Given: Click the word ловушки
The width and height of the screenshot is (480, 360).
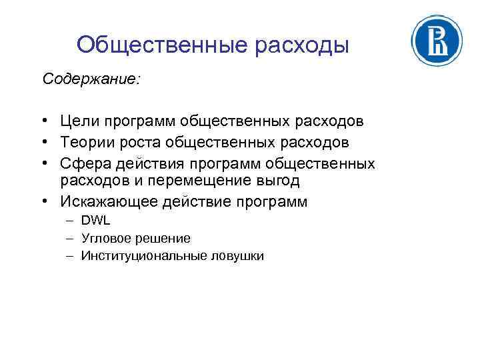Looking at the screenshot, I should click(x=238, y=255).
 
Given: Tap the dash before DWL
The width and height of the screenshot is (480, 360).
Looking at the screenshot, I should click(x=69, y=221).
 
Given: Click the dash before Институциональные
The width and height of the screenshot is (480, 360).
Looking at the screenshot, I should click(x=69, y=255).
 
